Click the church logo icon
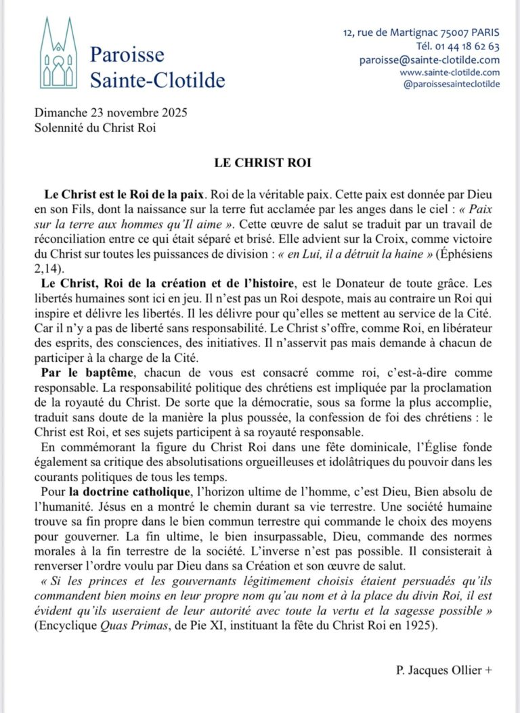coord(59,53)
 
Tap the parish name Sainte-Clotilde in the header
coord(157,80)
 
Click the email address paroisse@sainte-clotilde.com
coord(429,60)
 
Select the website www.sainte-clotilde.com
coord(450,72)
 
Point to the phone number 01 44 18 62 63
coord(468,47)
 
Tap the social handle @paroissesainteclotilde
coord(451,84)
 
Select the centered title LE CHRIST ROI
coord(259,163)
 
